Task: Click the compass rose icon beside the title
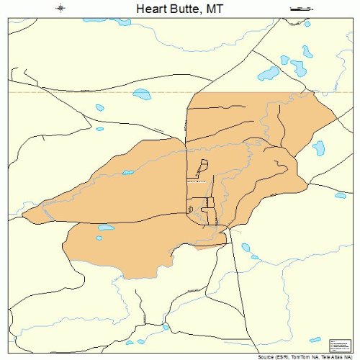click(60, 9)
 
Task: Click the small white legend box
click(338, 345)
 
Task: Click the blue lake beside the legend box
click(315, 339)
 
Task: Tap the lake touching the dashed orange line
click(141, 94)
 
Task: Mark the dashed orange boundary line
click(72, 92)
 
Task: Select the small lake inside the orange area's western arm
click(128, 172)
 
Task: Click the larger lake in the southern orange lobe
click(106, 228)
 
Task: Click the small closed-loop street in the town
click(190, 210)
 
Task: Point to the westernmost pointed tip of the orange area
click(23, 214)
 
